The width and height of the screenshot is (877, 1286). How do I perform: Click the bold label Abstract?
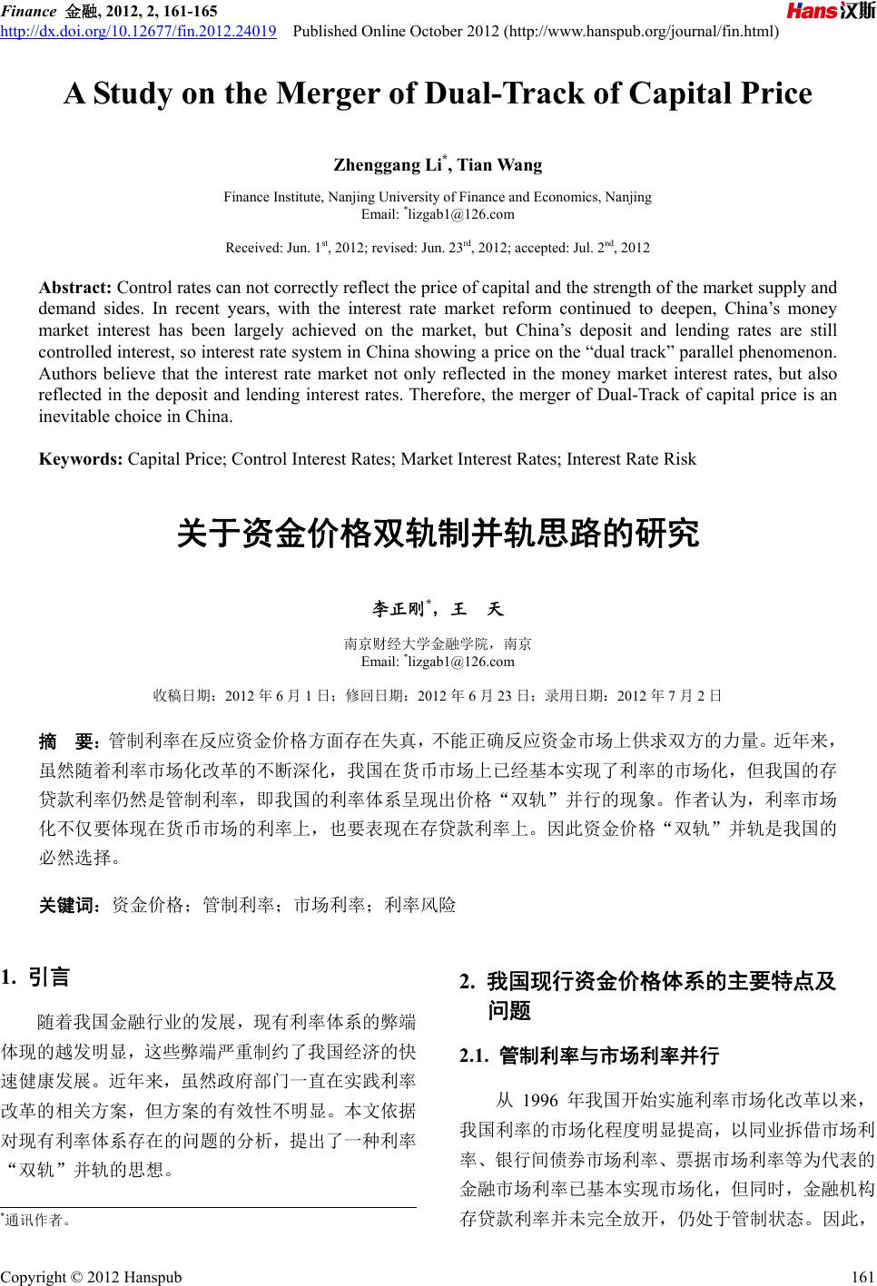click(75, 288)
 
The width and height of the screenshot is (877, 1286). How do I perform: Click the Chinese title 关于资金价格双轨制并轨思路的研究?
click(438, 535)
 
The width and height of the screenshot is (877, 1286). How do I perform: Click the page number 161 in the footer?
click(852, 1277)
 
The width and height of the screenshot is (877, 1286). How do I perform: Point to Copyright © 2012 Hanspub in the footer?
click(91, 1277)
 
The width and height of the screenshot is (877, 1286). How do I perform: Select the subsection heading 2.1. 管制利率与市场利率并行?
click(589, 1055)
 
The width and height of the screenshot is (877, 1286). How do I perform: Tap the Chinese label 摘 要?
click(68, 741)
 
